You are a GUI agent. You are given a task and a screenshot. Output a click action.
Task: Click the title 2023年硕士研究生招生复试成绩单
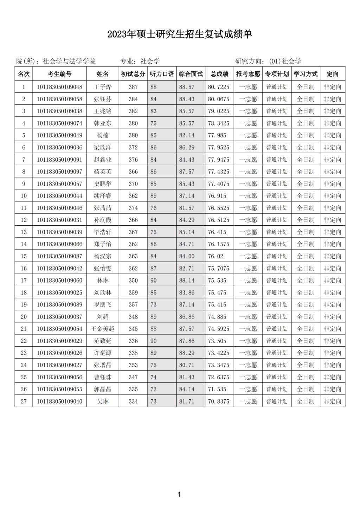pyautogui.click(x=180, y=34)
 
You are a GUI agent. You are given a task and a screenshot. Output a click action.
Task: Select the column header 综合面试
pyautogui.click(x=191, y=74)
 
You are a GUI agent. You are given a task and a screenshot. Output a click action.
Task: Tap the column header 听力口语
pyautogui.click(x=162, y=74)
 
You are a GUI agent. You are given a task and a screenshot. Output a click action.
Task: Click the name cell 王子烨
pyautogui.click(x=103, y=87)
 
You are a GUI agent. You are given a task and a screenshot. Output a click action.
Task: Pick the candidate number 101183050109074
pyautogui.click(x=59, y=123)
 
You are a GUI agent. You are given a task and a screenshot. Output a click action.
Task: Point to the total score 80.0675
pyautogui.click(x=218, y=99)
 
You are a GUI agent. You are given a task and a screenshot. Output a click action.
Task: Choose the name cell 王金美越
pyautogui.click(x=103, y=329)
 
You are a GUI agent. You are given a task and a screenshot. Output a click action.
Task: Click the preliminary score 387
pyautogui.click(x=133, y=87)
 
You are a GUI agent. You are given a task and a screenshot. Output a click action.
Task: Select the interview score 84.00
pyautogui.click(x=187, y=256)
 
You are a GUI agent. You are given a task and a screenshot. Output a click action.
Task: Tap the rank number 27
pyautogui.click(x=24, y=401)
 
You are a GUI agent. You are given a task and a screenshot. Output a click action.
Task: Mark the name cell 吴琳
pyautogui.click(x=103, y=401)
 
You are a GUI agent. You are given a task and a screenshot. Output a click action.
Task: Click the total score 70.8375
pyautogui.click(x=218, y=401)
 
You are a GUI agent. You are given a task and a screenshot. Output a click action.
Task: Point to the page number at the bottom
pyautogui.click(x=179, y=495)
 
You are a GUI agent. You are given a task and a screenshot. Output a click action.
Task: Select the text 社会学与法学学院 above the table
pyautogui.click(x=69, y=62)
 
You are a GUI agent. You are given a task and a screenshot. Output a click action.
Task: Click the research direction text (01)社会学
pyautogui.click(x=285, y=62)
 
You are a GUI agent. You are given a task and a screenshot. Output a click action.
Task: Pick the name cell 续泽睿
pyautogui.click(x=103, y=196)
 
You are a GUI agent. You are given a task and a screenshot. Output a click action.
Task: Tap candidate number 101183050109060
pyautogui.click(x=59, y=281)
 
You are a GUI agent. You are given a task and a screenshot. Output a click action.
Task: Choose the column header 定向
pyautogui.click(x=332, y=74)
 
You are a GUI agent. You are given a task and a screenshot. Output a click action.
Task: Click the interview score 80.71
pyautogui.click(x=187, y=365)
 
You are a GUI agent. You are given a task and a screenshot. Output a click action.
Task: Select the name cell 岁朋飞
pyautogui.click(x=103, y=305)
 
